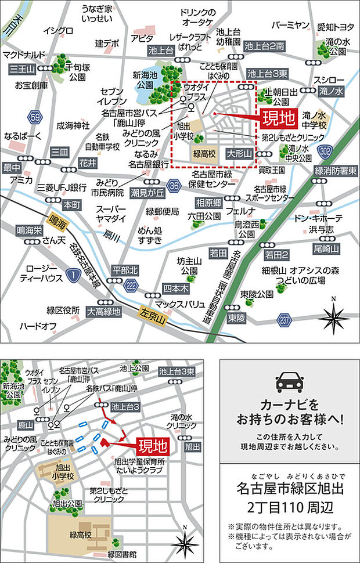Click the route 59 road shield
coord(37,117)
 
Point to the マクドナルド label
coord(24,55)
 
